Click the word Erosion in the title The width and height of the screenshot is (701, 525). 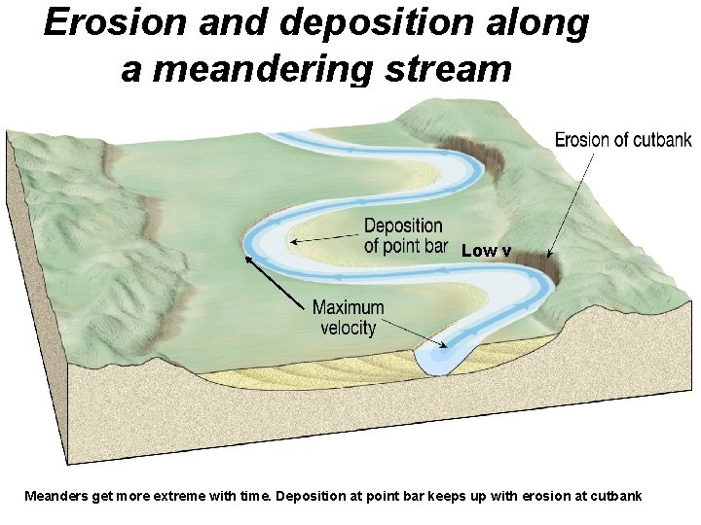[x=103, y=23]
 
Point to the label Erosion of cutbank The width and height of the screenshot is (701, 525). [x=623, y=140]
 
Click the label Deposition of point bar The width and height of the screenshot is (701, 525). [x=403, y=236]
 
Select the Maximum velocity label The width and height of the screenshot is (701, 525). [x=349, y=318]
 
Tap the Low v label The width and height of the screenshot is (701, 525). [x=486, y=251]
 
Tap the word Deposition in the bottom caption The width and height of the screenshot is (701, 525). [x=310, y=496]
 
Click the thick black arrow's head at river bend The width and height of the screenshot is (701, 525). [x=248, y=259]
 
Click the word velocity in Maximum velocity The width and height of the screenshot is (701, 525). [x=349, y=328]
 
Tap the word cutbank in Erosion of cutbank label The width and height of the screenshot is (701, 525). [x=661, y=140]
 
